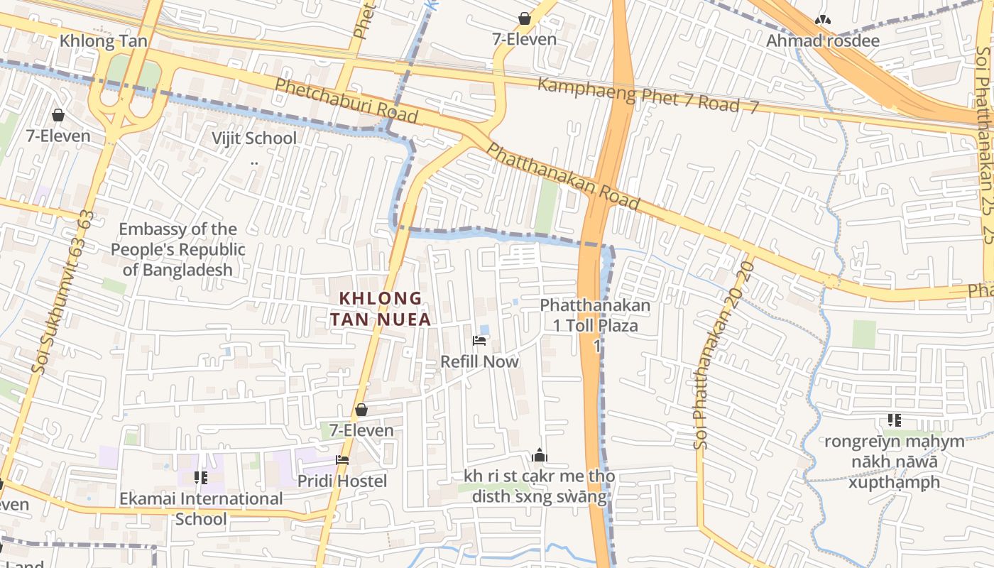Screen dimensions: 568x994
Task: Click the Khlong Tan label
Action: [104, 41]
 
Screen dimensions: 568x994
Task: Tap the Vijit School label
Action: [254, 138]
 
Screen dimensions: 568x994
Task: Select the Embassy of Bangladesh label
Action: [177, 249]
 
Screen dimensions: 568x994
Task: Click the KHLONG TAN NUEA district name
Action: [380, 309]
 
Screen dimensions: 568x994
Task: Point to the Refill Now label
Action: [479, 361]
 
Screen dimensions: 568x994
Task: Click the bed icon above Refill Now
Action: [479, 342]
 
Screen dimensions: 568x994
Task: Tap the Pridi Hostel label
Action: [342, 481]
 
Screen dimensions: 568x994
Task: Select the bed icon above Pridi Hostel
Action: [342, 460]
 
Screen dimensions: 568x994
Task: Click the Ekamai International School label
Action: [201, 508]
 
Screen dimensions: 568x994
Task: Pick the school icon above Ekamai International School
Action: [201, 478]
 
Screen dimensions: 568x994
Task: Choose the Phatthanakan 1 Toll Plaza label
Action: [596, 316]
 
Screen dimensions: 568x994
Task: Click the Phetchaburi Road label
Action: [346, 100]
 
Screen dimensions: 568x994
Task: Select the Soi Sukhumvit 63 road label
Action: [62, 291]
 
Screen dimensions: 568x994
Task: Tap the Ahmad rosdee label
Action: [822, 40]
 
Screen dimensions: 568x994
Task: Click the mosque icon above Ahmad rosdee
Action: [822, 20]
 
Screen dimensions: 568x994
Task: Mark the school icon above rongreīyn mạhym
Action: [894, 420]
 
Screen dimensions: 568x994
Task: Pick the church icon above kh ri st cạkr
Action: [540, 455]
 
